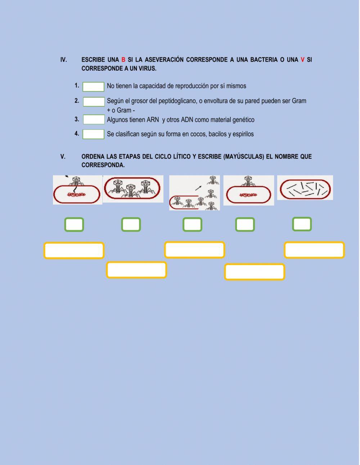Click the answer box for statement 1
pyautogui.click(x=93, y=87)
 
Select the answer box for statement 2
pyautogui.click(x=94, y=102)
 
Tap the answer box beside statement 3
pyautogui.click(x=94, y=120)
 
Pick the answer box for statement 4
pyautogui.click(x=93, y=134)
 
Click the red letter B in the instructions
pyautogui.click(x=123, y=60)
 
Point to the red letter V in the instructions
pyautogui.click(x=302, y=60)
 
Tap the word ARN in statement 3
pyautogui.click(x=153, y=120)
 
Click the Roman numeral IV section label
pyautogui.click(x=64, y=60)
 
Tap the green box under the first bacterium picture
pyautogui.click(x=74, y=225)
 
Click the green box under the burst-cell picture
pyautogui.click(x=192, y=224)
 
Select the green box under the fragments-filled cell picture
pyautogui.click(x=302, y=224)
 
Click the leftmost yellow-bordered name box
pyautogui.click(x=74, y=250)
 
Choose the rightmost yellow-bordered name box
pyautogui.click(x=314, y=250)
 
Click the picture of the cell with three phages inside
pyautogui.click(x=133, y=189)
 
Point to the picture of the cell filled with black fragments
pyautogui.click(x=305, y=188)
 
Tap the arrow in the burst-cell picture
pyautogui.click(x=198, y=188)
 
